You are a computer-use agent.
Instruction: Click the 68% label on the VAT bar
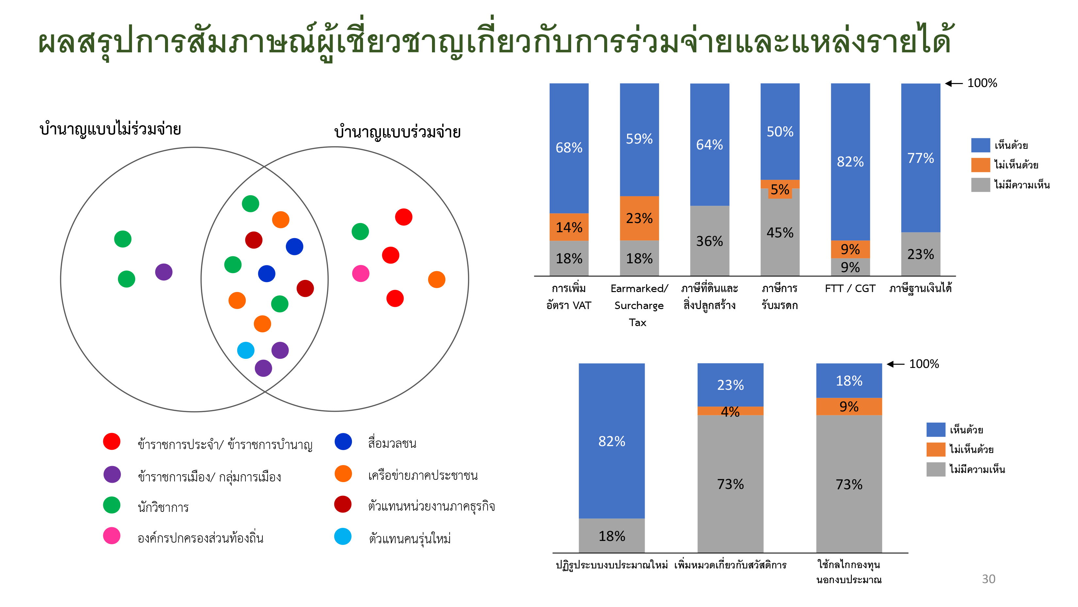pyautogui.click(x=569, y=147)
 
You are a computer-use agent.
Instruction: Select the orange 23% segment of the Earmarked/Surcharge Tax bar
pyautogui.click(x=639, y=218)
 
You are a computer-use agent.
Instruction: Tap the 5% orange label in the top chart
pyautogui.click(x=780, y=189)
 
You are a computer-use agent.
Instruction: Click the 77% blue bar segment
pyautogui.click(x=920, y=158)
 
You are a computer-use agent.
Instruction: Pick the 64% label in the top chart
pyautogui.click(x=709, y=145)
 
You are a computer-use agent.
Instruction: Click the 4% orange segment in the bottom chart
pyautogui.click(x=730, y=411)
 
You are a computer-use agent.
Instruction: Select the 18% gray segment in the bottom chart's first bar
pyautogui.click(x=611, y=536)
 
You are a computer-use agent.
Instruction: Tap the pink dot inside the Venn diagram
pyautogui.click(x=361, y=273)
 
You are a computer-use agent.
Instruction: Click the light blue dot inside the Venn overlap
pyautogui.click(x=246, y=350)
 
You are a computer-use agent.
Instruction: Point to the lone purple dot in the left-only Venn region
pyautogui.click(x=164, y=272)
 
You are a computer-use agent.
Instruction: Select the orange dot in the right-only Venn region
pyautogui.click(x=437, y=279)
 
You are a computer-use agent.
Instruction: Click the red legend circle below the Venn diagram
pyautogui.click(x=112, y=442)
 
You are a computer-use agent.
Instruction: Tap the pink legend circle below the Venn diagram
pyautogui.click(x=112, y=536)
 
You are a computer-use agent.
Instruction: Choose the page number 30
pyautogui.click(x=988, y=579)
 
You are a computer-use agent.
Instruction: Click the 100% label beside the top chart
pyautogui.click(x=982, y=83)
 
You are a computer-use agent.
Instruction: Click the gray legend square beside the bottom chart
pyautogui.click(x=936, y=469)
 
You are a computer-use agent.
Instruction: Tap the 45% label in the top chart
pyautogui.click(x=780, y=233)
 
